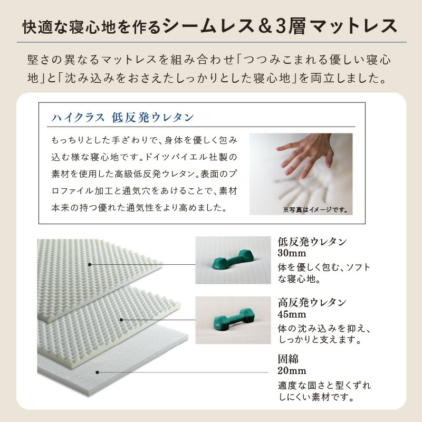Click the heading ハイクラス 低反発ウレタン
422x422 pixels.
(x=122, y=117)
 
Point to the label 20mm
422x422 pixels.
(x=292, y=371)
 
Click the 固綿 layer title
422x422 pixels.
(x=288, y=359)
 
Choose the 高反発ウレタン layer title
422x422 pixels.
(x=312, y=302)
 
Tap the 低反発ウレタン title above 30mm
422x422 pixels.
(x=312, y=242)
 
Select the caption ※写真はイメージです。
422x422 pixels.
(x=315, y=209)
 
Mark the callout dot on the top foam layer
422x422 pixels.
(x=90, y=264)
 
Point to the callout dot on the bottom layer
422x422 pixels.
(x=97, y=372)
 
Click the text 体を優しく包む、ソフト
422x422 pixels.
(x=324, y=267)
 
